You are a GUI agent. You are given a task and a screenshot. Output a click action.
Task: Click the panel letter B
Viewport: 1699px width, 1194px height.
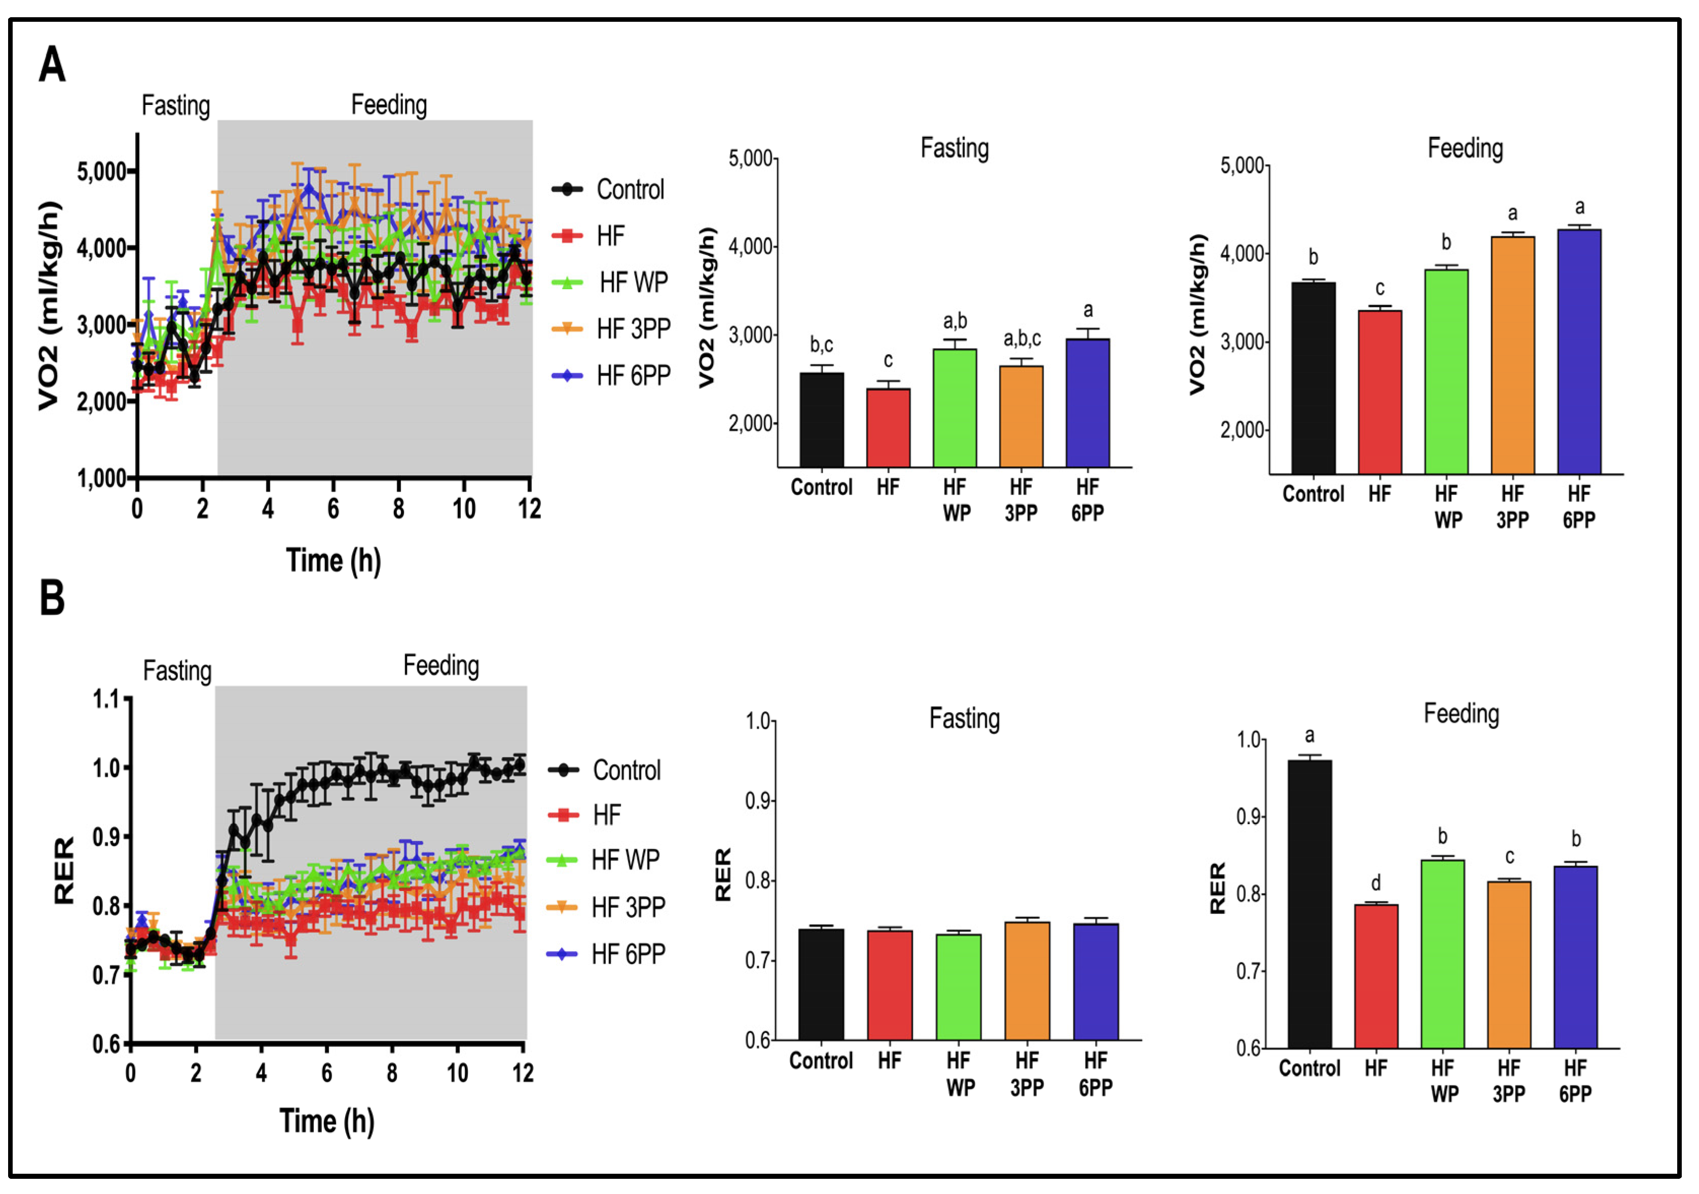coord(52,598)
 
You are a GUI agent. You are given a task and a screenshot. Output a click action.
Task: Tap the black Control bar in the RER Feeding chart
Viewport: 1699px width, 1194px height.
coord(1309,903)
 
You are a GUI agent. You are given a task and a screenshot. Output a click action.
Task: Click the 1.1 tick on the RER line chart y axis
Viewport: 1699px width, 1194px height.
coord(106,699)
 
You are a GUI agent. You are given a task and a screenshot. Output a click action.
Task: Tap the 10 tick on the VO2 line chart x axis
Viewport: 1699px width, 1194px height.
coord(464,509)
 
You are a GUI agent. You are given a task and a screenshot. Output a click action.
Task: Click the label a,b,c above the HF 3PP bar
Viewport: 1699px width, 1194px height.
coord(1022,339)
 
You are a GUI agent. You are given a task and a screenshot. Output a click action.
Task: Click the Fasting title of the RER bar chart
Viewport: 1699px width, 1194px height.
coord(964,718)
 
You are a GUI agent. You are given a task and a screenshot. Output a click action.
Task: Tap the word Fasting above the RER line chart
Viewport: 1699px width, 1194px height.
coord(177,671)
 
